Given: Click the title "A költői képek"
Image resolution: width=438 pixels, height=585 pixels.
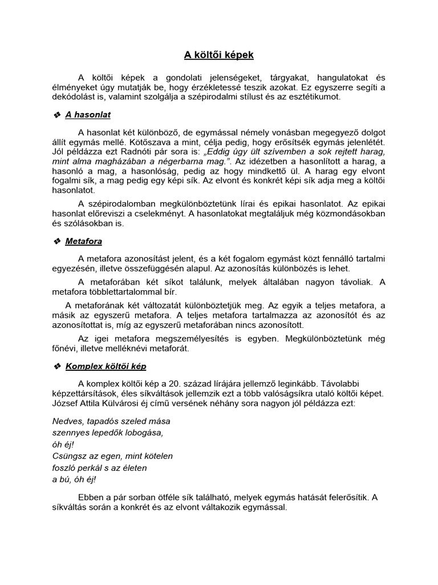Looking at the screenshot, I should click(x=218, y=55).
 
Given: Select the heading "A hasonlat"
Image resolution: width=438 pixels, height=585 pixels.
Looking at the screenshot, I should click(x=88, y=115).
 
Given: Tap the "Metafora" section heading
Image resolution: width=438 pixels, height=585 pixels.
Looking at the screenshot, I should click(x=84, y=242).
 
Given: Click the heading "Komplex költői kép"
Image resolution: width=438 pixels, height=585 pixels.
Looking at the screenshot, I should click(x=109, y=366).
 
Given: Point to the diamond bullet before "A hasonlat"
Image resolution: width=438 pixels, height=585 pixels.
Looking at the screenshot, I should click(x=56, y=115).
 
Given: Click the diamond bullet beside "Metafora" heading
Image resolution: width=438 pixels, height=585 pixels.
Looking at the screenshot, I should click(x=56, y=242).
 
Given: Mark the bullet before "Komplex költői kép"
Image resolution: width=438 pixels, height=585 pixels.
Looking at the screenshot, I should click(x=56, y=366).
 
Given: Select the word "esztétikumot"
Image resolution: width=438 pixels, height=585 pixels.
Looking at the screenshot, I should click(x=314, y=97).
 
